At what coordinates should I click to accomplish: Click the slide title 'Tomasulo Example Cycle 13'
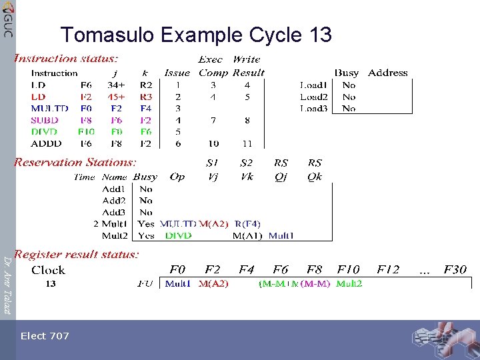tap(195, 35)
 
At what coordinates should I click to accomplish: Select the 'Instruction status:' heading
tap(67, 59)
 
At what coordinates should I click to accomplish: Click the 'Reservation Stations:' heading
tap(75, 162)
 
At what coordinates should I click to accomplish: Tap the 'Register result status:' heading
tap(77, 254)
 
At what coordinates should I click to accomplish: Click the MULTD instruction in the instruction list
tap(49, 108)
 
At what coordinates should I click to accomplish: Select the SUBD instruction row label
tap(45, 120)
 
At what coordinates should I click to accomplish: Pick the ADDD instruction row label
tap(46, 143)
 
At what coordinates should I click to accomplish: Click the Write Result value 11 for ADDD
tap(247, 143)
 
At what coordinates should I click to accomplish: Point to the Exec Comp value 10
tap(213, 143)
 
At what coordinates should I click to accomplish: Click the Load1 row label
tap(314, 85)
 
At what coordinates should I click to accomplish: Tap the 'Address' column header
tap(387, 73)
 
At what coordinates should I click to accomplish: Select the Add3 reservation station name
tap(114, 212)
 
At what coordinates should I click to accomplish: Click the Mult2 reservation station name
tap(114, 235)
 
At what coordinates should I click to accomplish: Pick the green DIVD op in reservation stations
tap(178, 235)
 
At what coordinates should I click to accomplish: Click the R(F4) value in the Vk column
tap(247, 224)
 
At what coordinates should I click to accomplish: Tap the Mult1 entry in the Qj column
tap(281, 235)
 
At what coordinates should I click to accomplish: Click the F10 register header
tap(348, 270)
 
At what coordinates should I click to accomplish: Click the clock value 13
tap(51, 284)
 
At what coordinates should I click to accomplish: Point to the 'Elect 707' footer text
tap(45, 336)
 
